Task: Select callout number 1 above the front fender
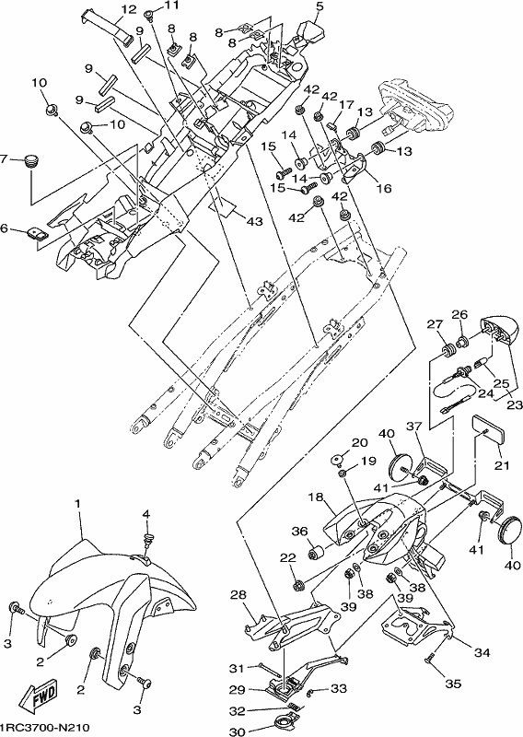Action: [77, 503]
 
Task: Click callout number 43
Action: [254, 220]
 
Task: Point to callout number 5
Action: [320, 6]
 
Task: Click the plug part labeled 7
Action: [31, 162]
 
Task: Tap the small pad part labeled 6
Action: [36, 233]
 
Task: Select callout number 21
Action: [502, 465]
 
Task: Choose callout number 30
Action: [238, 731]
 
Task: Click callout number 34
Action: [482, 652]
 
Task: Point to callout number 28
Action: [238, 595]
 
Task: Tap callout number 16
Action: [384, 188]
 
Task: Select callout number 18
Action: [316, 497]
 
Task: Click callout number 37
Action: [414, 427]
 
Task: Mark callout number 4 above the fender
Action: [146, 515]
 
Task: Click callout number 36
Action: [299, 532]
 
